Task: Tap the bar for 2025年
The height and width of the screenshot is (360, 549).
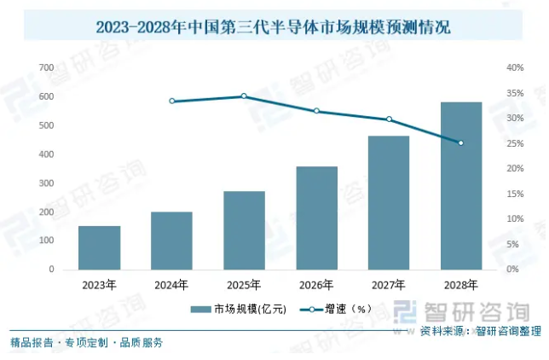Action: click(244, 230)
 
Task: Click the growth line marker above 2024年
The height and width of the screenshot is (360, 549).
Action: click(171, 101)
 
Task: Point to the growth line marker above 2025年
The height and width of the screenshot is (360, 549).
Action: click(244, 96)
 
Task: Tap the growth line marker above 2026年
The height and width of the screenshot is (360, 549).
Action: click(316, 111)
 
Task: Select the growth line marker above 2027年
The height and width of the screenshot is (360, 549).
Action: click(389, 119)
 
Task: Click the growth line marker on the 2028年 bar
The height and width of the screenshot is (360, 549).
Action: click(461, 143)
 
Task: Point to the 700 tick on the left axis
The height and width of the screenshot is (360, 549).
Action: click(46, 67)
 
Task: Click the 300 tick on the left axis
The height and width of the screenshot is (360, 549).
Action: click(46, 183)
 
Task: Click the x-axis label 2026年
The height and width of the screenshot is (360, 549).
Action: click(316, 285)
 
